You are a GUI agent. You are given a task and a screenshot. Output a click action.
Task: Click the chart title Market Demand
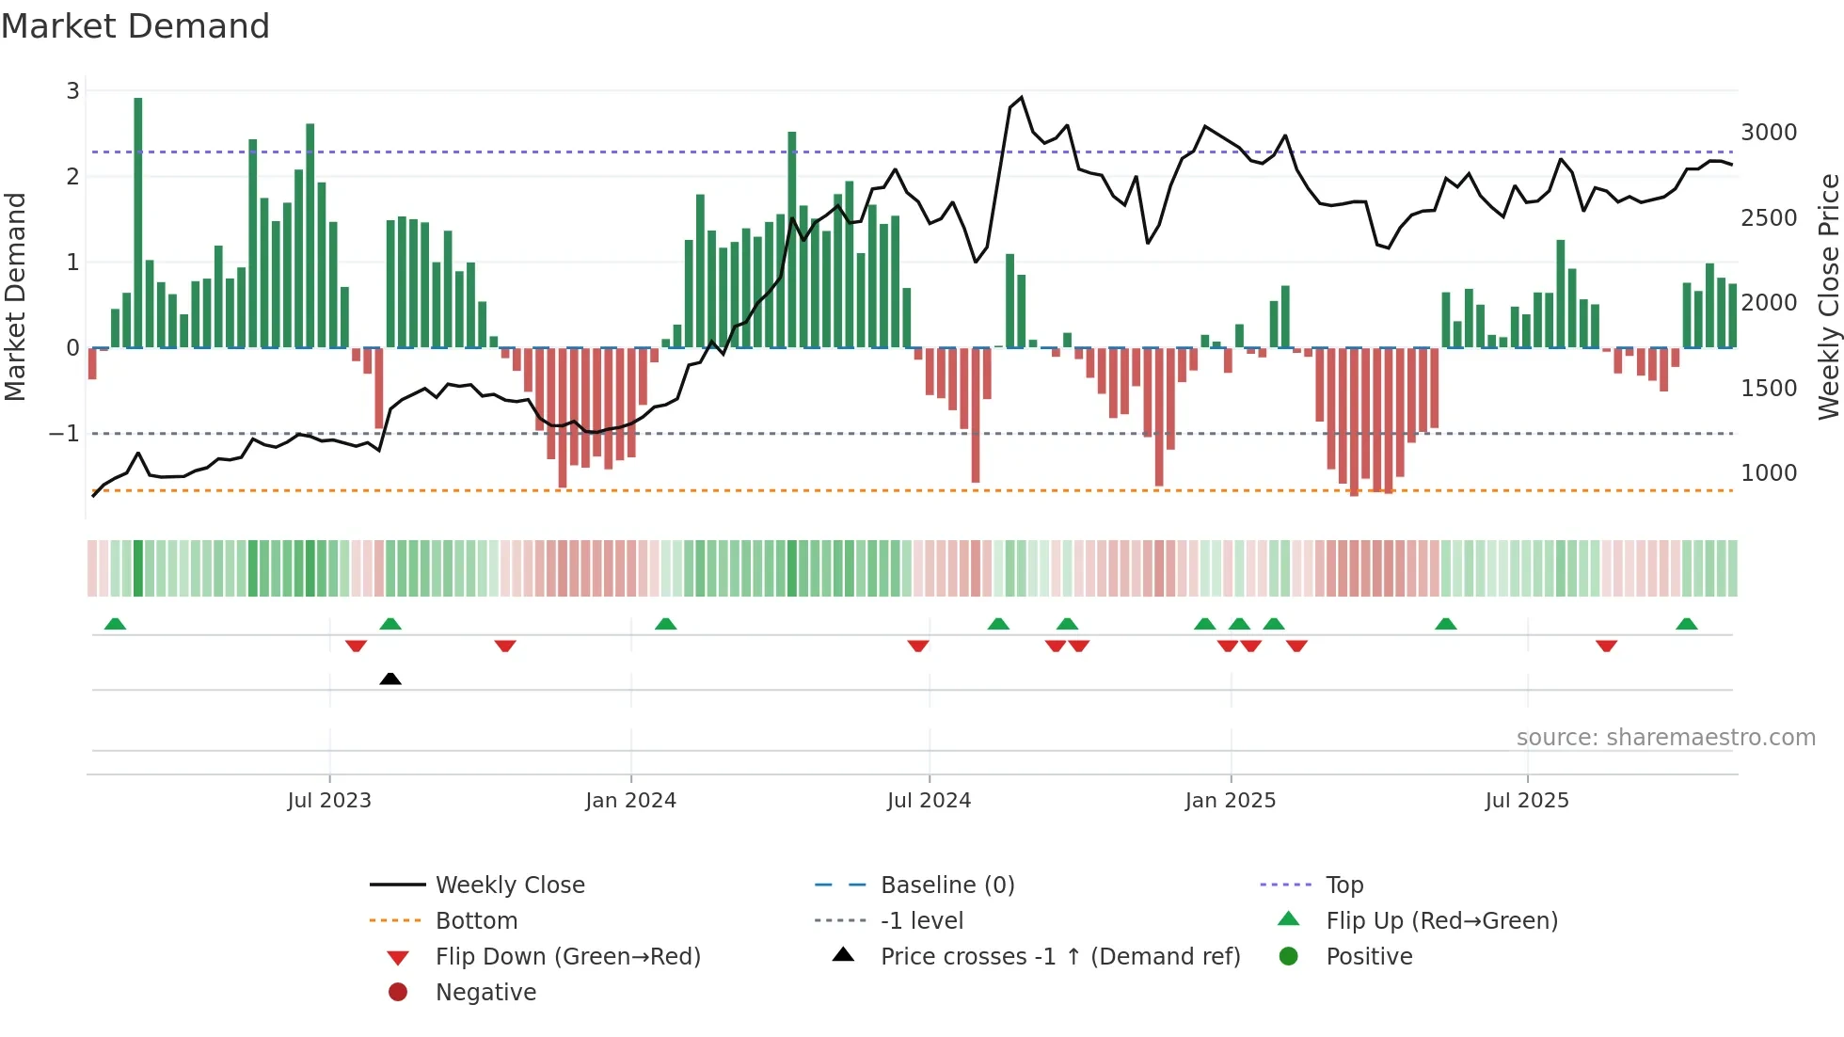(x=135, y=26)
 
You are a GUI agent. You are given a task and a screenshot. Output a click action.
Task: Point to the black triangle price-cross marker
(x=390, y=678)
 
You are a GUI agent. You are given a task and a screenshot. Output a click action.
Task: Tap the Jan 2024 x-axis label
(x=630, y=801)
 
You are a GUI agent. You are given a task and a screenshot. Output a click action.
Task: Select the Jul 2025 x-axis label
(x=1527, y=801)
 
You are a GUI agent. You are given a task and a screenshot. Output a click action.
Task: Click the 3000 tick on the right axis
(x=1769, y=133)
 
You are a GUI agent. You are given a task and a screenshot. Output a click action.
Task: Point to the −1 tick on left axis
(x=64, y=434)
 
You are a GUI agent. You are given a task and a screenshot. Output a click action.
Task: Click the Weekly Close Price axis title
(x=1828, y=296)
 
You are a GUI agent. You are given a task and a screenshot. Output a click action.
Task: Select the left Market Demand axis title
(x=15, y=296)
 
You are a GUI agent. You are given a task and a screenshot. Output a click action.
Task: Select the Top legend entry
(x=1343, y=885)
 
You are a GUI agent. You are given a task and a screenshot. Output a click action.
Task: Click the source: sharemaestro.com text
(x=1665, y=738)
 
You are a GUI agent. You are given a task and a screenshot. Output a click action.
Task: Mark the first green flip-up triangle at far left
(x=115, y=624)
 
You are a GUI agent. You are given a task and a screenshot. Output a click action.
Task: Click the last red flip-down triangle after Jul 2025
(x=1606, y=646)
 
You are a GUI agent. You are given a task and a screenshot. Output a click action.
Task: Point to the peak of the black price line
(x=1022, y=97)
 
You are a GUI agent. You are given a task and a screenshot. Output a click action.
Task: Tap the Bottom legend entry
(x=476, y=921)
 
